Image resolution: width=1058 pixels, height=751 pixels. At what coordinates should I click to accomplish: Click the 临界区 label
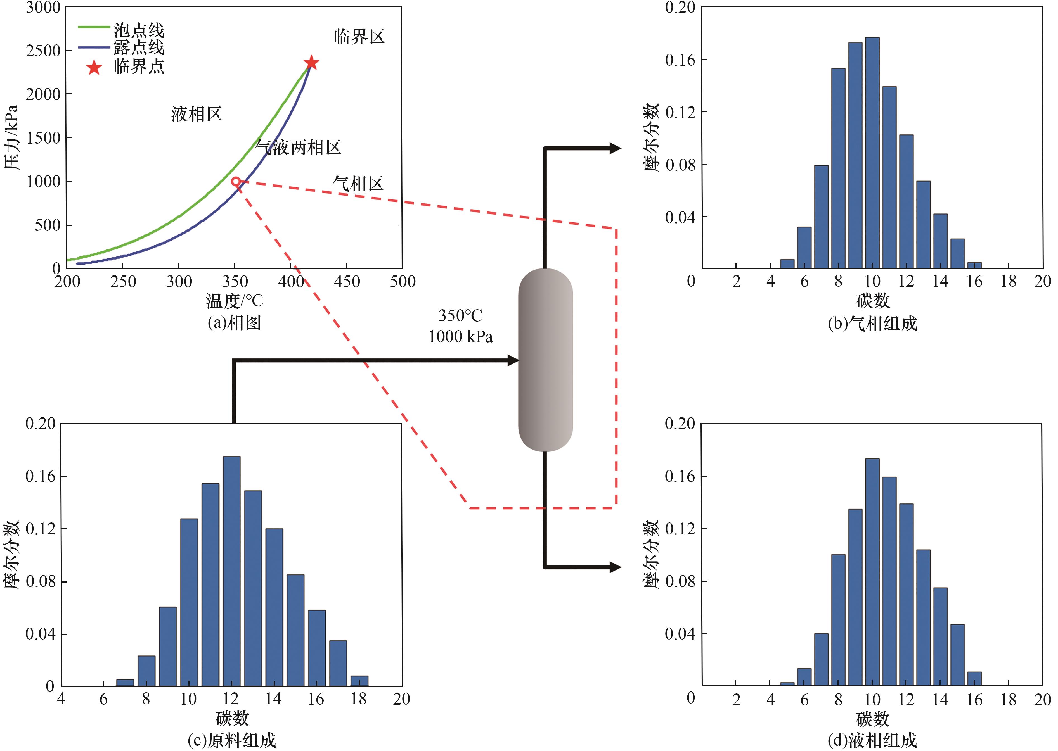pyautogui.click(x=359, y=37)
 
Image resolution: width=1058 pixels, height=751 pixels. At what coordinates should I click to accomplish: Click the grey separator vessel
pyautogui.click(x=545, y=360)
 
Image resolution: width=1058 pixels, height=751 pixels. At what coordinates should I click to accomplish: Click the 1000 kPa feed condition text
pyautogui.click(x=460, y=337)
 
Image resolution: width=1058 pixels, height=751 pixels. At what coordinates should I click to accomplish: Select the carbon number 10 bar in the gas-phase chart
pyautogui.click(x=872, y=153)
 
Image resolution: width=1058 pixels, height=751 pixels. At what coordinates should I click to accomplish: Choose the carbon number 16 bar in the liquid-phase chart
pyautogui.click(x=974, y=678)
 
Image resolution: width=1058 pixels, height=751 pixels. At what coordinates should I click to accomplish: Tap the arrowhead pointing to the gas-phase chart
pyautogui.click(x=615, y=148)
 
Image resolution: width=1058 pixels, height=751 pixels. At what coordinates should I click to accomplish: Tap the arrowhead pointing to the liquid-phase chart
pyautogui.click(x=615, y=567)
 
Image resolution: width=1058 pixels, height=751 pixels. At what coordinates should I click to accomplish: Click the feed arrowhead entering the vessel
pyautogui.click(x=513, y=360)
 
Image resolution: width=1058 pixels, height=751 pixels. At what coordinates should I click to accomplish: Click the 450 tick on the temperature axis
pyautogui.click(x=347, y=281)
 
